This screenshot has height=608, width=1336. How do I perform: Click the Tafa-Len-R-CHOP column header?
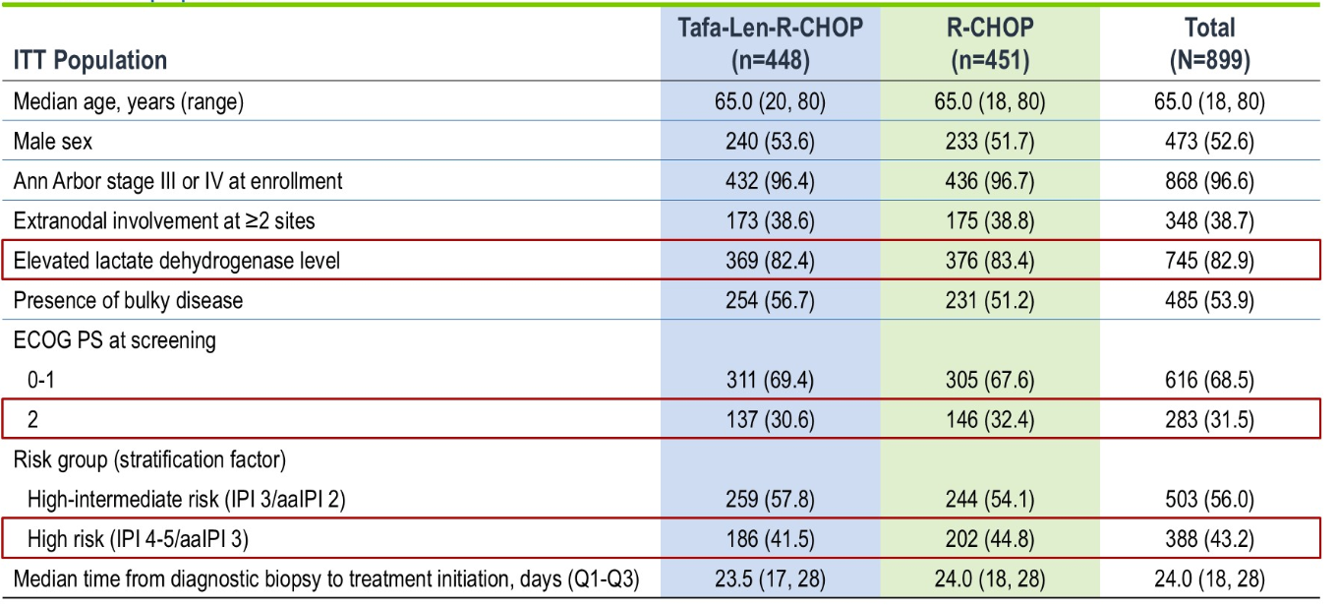pyautogui.click(x=770, y=43)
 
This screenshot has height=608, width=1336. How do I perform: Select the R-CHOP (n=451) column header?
pyautogui.click(x=990, y=43)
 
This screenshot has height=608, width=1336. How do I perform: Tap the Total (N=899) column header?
pyautogui.click(x=1209, y=43)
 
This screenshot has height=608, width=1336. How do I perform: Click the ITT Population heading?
pyautogui.click(x=90, y=60)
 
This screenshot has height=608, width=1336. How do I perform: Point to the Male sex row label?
pyautogui.click(x=53, y=142)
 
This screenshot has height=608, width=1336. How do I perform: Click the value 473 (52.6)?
pyautogui.click(x=1209, y=142)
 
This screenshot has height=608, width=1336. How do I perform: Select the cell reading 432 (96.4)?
pyautogui.click(x=770, y=181)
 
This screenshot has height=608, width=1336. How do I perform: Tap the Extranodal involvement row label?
pyautogui.click(x=164, y=220)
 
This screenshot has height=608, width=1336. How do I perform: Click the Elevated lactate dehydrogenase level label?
pyautogui.click(x=177, y=261)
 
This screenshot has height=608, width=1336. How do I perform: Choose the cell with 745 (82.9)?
pyautogui.click(x=1209, y=261)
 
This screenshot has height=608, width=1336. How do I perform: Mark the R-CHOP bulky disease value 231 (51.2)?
pyautogui.click(x=990, y=300)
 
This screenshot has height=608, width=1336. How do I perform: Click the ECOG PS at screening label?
pyautogui.click(x=114, y=340)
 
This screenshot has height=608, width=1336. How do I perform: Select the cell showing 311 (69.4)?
pyautogui.click(x=770, y=380)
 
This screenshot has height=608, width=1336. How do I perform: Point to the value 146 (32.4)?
pyautogui.click(x=990, y=419)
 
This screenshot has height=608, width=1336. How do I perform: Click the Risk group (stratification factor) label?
pyautogui.click(x=149, y=459)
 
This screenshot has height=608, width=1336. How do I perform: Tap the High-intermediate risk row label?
pyautogui.click(x=187, y=500)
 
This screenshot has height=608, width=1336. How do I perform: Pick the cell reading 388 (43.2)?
pyautogui.click(x=1209, y=539)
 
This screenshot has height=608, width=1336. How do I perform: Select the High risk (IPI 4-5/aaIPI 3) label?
pyautogui.click(x=138, y=539)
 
